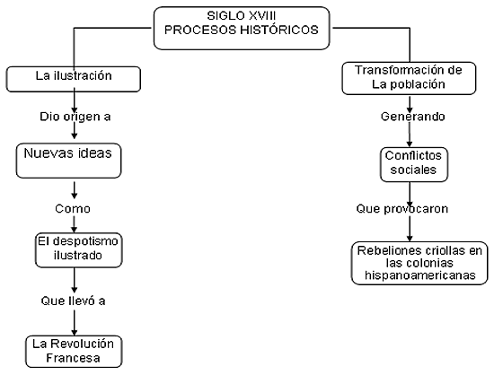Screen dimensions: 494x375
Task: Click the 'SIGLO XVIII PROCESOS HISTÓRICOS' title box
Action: (x=242, y=29)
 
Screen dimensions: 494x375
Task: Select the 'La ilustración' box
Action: (x=74, y=79)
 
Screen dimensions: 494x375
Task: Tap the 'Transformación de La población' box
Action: (x=409, y=78)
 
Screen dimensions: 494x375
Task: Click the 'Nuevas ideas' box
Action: (x=68, y=161)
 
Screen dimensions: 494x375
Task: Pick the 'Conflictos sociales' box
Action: (x=414, y=164)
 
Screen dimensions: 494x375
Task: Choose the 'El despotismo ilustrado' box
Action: (x=78, y=250)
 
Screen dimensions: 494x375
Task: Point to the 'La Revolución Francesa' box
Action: (x=74, y=352)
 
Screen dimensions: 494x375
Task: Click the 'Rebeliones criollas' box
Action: (x=419, y=263)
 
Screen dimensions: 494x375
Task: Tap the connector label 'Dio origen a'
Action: (x=75, y=117)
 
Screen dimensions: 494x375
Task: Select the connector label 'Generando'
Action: (x=413, y=117)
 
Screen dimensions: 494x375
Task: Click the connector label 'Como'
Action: (x=73, y=208)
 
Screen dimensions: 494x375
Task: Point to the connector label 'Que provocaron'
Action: (x=402, y=209)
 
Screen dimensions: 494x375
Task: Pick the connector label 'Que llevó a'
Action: (x=73, y=301)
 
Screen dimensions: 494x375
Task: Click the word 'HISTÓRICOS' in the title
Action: (x=279, y=30)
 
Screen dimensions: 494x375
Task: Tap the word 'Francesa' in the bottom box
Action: (x=73, y=358)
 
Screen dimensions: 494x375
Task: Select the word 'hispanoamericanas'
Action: (x=420, y=275)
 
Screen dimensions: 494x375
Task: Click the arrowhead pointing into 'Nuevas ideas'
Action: (x=75, y=135)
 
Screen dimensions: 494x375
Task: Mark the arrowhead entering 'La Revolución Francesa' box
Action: (x=75, y=332)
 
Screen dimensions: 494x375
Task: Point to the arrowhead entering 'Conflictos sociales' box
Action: (x=410, y=144)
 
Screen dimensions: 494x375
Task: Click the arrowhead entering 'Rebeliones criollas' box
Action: (x=410, y=238)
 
